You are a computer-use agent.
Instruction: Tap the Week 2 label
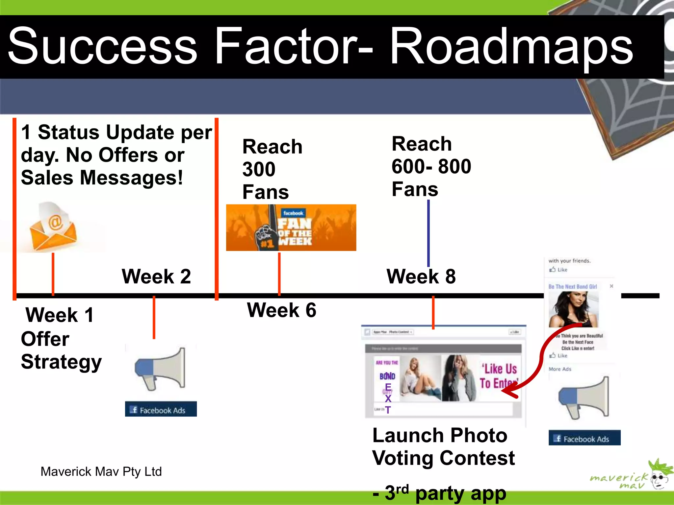tap(156, 276)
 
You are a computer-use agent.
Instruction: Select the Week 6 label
tap(282, 310)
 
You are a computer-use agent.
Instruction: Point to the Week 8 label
tap(421, 276)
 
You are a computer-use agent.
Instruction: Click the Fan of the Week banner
tap(291, 228)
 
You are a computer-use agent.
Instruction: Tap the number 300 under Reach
tap(259, 169)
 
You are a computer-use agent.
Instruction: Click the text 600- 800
tap(431, 166)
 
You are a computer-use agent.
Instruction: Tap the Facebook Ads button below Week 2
tap(161, 409)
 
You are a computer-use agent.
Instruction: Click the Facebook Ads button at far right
tap(584, 438)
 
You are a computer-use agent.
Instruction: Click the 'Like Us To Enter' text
tap(498, 376)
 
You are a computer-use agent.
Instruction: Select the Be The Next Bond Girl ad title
tap(573, 287)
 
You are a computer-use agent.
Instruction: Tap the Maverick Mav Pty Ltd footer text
tap(101, 471)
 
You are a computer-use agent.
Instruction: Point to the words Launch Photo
tap(440, 436)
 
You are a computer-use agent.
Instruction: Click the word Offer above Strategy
tap(45, 339)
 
